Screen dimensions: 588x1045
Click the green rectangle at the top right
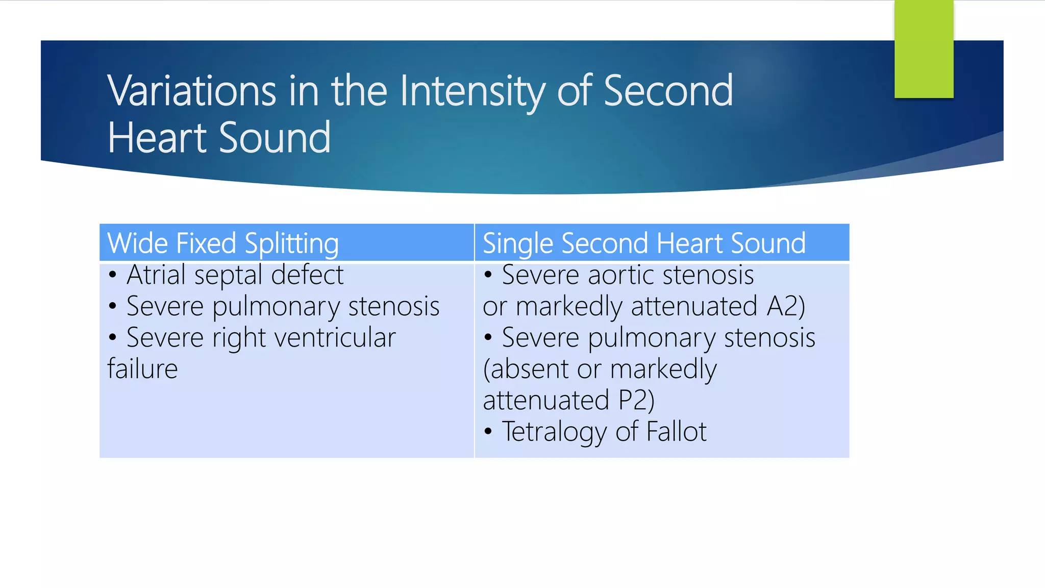coord(924,48)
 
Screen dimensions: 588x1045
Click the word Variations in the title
coord(192,91)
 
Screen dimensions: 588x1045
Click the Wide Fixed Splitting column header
coord(223,243)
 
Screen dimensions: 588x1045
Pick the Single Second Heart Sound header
coord(644,243)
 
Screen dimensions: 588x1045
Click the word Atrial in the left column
coord(156,275)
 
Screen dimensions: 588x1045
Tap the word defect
coord(307,275)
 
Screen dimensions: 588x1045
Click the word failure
coord(142,369)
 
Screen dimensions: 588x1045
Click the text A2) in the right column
coord(786,307)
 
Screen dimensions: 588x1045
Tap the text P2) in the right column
coord(636,401)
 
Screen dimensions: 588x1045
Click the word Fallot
coord(676,431)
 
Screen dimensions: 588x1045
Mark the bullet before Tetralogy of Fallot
coord(488,432)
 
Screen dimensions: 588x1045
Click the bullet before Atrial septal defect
coord(113,275)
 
